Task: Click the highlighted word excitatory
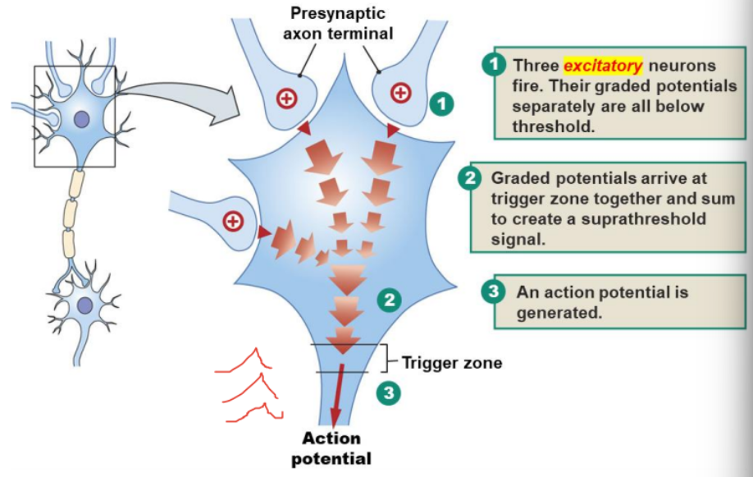(x=603, y=65)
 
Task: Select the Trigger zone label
(x=451, y=361)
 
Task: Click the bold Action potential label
(x=331, y=448)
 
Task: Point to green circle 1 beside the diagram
(x=441, y=104)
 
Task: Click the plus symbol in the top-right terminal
(x=400, y=93)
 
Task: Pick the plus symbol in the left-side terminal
(x=234, y=221)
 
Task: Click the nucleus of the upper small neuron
(x=82, y=120)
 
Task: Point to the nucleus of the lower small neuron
(x=84, y=306)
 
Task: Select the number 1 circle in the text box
(x=493, y=66)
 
